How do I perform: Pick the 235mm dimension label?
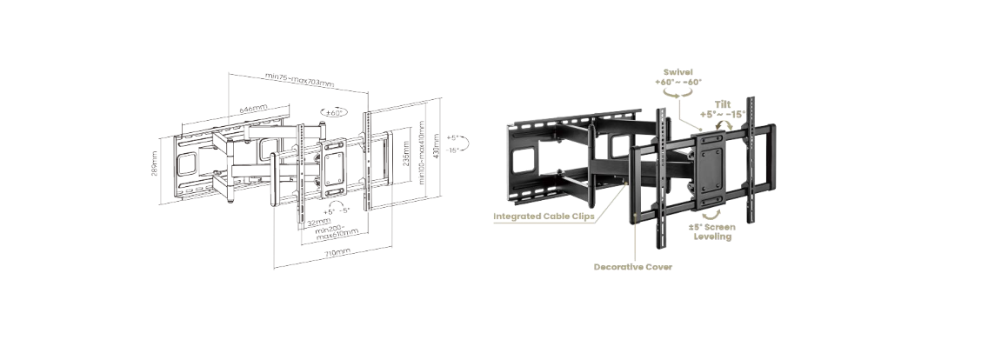click(407, 153)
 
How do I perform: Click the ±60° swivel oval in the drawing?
click(334, 112)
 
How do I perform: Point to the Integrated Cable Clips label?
click(544, 216)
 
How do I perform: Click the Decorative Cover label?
click(632, 267)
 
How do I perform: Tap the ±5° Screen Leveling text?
click(712, 231)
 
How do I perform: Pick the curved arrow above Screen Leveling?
click(711, 212)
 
